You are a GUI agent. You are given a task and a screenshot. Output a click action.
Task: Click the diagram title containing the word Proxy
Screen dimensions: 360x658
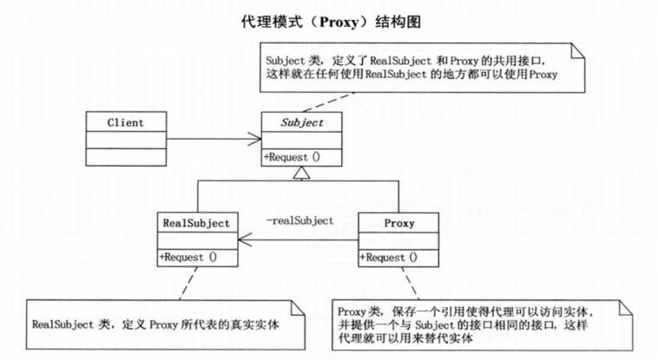329,20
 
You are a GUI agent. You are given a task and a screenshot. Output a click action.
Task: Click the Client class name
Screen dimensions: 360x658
127,122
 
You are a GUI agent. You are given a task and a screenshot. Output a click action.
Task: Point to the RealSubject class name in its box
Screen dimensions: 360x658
195,223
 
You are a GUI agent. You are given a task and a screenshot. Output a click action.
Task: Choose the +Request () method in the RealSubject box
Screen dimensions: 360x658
188,257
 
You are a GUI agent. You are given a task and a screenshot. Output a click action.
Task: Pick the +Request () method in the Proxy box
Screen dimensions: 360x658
389,257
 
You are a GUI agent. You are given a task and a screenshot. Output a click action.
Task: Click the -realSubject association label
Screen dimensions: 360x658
299,221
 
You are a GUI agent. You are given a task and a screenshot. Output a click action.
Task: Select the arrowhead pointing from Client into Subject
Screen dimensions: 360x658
256,139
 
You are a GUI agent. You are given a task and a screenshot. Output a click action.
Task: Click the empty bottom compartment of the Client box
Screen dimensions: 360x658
126,156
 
